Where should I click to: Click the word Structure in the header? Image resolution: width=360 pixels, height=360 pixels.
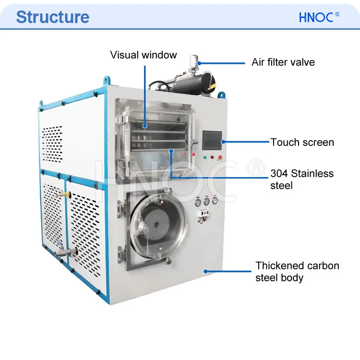[x=52, y=17]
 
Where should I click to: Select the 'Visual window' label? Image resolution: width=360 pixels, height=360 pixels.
[x=144, y=55]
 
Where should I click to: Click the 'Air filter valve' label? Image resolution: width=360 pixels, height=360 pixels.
[x=283, y=62]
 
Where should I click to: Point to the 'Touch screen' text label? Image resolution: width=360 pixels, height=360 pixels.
[x=302, y=142]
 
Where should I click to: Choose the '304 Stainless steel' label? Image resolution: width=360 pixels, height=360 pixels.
[x=302, y=179]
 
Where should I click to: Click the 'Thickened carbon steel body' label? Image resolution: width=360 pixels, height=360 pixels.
[x=297, y=272]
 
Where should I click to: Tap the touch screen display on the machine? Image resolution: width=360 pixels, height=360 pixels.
[x=212, y=141]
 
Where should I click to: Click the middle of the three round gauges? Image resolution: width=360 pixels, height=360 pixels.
[x=206, y=202]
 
